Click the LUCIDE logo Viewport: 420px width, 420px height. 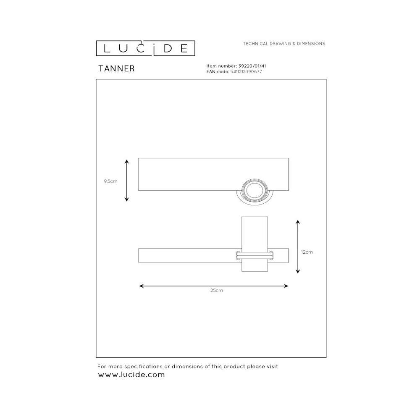tap(145, 48)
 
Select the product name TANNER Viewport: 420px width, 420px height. tap(116, 68)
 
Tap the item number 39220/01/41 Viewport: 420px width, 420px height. tap(252, 66)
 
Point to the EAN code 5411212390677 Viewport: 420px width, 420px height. tap(246, 71)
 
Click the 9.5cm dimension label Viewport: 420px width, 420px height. tap(110, 181)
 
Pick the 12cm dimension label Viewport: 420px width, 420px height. tap(307, 252)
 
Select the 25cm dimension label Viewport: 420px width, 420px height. tap(216, 290)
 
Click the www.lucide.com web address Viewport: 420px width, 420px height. tap(131, 375)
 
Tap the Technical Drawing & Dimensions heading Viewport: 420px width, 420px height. tap(284, 44)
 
